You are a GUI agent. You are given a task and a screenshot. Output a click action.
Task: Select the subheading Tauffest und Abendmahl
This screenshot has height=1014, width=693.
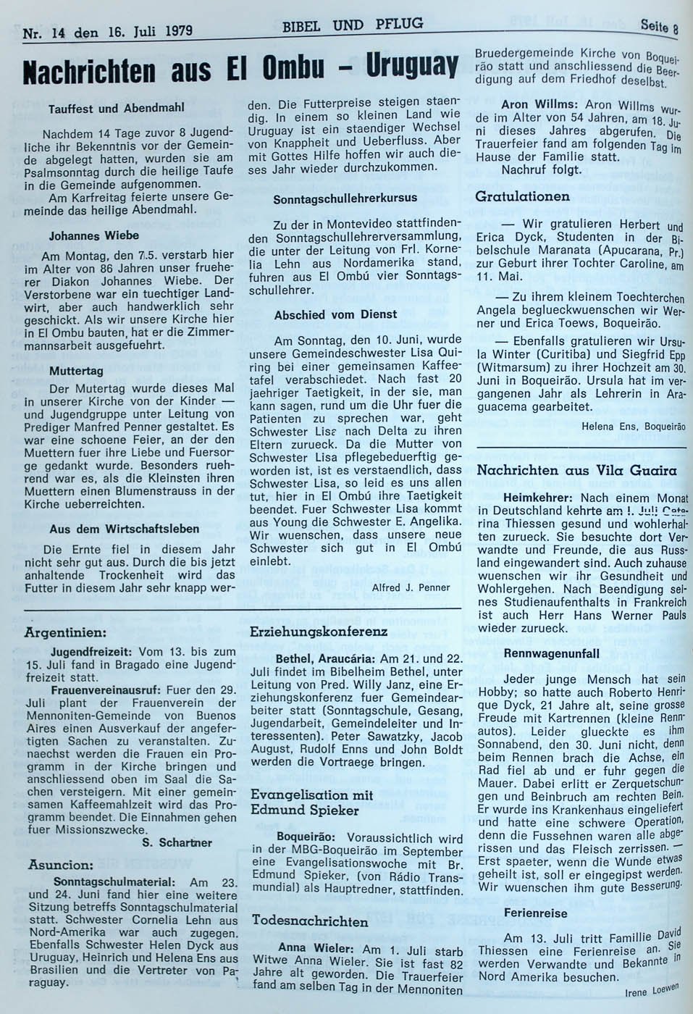point(117,108)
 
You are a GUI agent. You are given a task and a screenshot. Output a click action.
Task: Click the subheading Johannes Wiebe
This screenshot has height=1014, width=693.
point(94,235)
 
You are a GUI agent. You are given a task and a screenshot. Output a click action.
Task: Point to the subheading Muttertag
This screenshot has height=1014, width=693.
point(76,370)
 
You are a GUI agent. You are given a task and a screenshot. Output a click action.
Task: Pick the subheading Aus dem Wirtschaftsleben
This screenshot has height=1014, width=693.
point(125,529)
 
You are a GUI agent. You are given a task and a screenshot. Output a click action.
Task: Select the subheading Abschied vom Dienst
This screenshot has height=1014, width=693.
point(335,314)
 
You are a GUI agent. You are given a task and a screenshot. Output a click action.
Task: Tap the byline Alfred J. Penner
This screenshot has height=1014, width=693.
point(411,587)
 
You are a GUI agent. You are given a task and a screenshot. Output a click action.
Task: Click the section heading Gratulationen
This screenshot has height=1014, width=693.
point(522,196)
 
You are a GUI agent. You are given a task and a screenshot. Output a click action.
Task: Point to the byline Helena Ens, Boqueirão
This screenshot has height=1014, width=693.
point(633,427)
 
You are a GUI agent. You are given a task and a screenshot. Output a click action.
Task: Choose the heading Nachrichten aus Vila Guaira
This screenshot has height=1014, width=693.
point(576,470)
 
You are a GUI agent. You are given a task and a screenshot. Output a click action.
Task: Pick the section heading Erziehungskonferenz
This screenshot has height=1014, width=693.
point(319,632)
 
